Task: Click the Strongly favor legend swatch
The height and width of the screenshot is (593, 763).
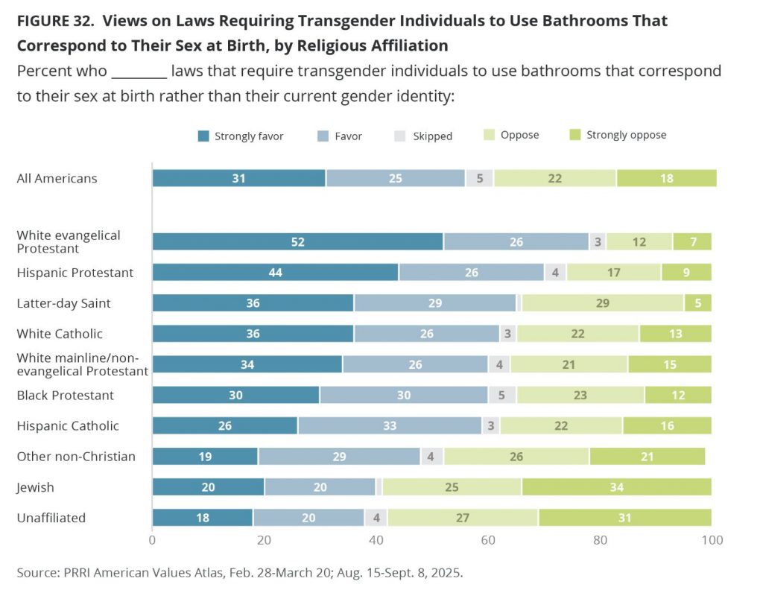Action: pyautogui.click(x=203, y=136)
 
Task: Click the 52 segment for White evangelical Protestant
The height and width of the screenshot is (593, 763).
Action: pyautogui.click(x=297, y=241)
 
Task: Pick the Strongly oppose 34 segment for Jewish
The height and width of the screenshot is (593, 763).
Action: pyautogui.click(x=616, y=487)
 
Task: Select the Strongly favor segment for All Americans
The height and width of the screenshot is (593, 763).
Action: pyautogui.click(x=238, y=178)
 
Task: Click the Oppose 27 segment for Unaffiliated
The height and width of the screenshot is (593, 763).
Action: pyautogui.click(x=462, y=518)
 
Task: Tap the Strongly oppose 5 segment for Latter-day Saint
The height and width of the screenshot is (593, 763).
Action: pyautogui.click(x=697, y=302)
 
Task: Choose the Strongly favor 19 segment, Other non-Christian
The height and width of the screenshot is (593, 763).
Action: pyautogui.click(x=205, y=456)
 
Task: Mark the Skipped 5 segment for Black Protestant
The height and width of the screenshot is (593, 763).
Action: pyautogui.click(x=502, y=395)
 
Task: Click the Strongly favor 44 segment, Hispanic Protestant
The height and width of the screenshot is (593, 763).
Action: pyautogui.click(x=275, y=272)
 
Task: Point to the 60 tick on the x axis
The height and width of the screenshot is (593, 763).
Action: pyautogui.click(x=489, y=540)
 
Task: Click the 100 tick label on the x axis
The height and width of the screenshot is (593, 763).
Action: pyautogui.click(x=712, y=540)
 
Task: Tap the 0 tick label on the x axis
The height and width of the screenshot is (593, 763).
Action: pyautogui.click(x=153, y=540)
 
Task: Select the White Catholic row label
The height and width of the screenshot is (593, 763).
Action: pyautogui.click(x=60, y=333)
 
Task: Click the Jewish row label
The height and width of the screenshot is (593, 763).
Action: pyautogui.click(x=36, y=487)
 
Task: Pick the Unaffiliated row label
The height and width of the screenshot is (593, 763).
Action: pyautogui.click(x=51, y=518)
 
